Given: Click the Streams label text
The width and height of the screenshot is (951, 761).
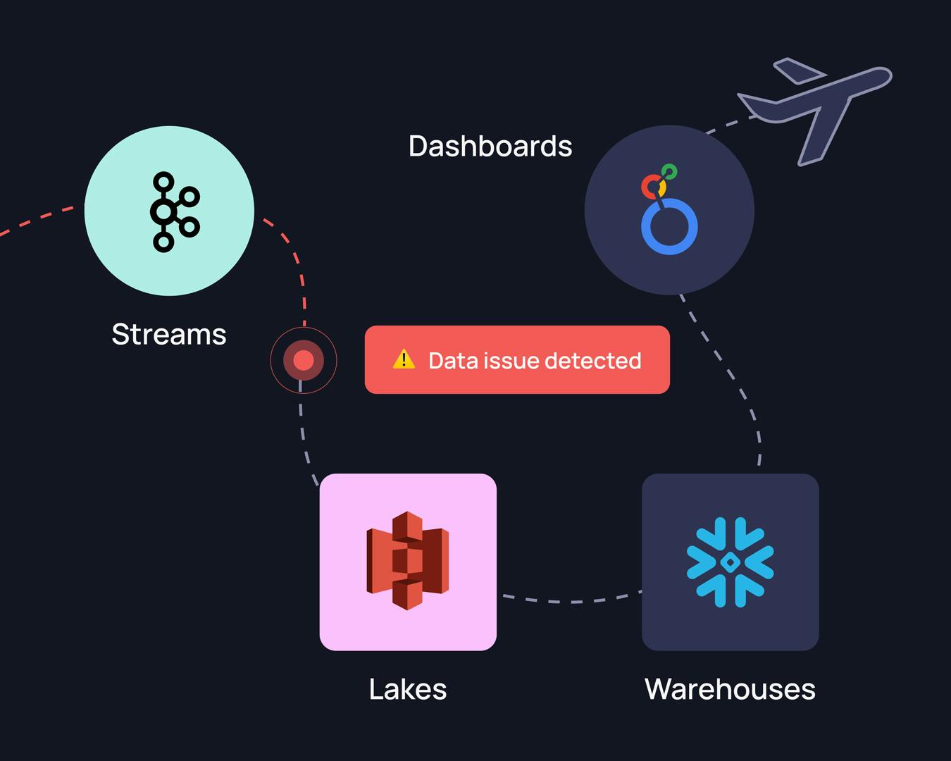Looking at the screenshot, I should [169, 334].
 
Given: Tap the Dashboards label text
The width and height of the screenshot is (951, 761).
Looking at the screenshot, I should [490, 147].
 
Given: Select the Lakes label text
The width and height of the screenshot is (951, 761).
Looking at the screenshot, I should [408, 689].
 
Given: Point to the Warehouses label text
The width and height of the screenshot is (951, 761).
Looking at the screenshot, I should [730, 689].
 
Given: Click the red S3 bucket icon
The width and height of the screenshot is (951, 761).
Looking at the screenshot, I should [407, 561].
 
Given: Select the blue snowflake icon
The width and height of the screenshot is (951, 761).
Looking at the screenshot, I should [731, 562].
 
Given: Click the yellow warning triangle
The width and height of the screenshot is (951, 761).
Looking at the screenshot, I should [404, 359].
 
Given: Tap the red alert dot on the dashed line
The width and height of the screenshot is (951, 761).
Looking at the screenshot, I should [304, 361].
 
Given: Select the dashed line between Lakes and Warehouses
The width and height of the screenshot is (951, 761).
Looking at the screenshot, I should [571, 601].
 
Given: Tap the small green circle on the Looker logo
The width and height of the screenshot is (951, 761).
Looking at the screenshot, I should [670, 171].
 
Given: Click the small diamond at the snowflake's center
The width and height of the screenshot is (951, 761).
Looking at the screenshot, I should [731, 562].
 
